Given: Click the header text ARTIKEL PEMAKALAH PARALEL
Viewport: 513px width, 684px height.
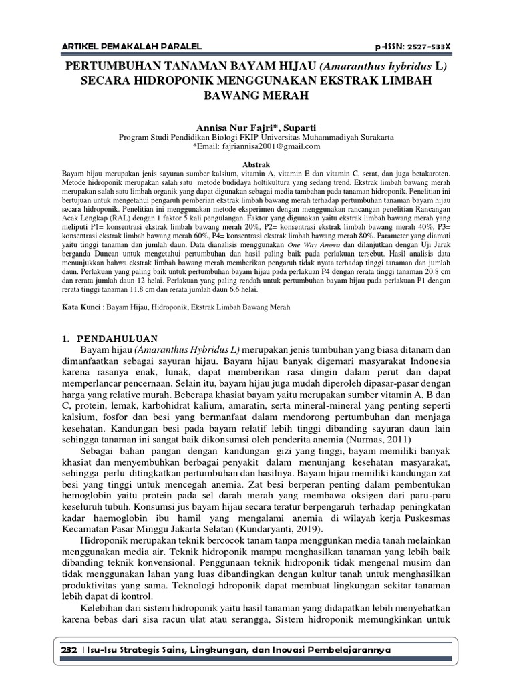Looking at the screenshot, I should [122, 46].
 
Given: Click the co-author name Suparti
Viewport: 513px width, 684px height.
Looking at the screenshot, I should [300, 126].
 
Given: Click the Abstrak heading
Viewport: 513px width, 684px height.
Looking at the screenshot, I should [256, 163].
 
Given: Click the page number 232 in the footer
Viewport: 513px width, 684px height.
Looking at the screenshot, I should [67, 650].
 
